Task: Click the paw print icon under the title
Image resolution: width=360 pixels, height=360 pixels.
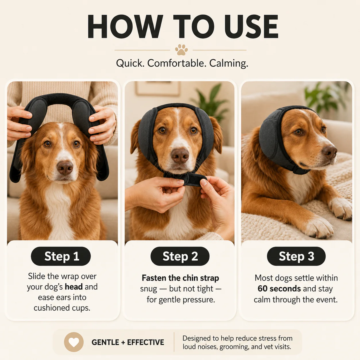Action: pyautogui.click(x=181, y=50)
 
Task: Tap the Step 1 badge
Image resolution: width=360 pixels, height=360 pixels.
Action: pyautogui.click(x=61, y=256)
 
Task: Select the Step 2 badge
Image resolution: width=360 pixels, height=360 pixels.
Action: pyautogui.click(x=180, y=256)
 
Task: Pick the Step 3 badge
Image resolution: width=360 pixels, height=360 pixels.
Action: pyautogui.click(x=296, y=256)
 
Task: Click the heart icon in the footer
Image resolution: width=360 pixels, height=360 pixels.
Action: pyautogui.click(x=74, y=342)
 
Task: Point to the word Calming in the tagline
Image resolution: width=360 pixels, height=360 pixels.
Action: pyautogui.click(x=229, y=63)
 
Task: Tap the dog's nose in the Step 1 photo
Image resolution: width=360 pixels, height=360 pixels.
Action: pyautogui.click(x=65, y=168)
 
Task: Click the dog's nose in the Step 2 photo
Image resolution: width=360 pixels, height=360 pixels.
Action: pyautogui.click(x=180, y=156)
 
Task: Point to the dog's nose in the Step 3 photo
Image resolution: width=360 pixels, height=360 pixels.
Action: pyautogui.click(x=330, y=152)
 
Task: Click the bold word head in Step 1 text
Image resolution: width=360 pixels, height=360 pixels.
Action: pyautogui.click(x=73, y=287)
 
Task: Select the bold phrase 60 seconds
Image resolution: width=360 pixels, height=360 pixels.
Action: pyautogui.click(x=279, y=289)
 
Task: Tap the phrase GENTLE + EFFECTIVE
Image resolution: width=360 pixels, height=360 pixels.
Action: pyautogui.click(x=128, y=342)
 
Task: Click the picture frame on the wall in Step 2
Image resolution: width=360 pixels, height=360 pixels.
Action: pyautogui.click(x=158, y=88)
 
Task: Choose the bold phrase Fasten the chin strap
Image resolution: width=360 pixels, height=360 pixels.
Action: pyautogui.click(x=180, y=278)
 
